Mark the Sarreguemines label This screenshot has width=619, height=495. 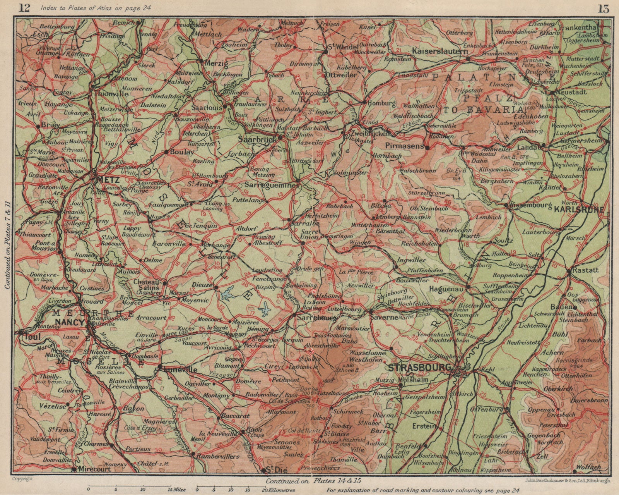(272, 186)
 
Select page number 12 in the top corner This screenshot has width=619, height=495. (24, 8)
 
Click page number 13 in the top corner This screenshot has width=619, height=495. (602, 8)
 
